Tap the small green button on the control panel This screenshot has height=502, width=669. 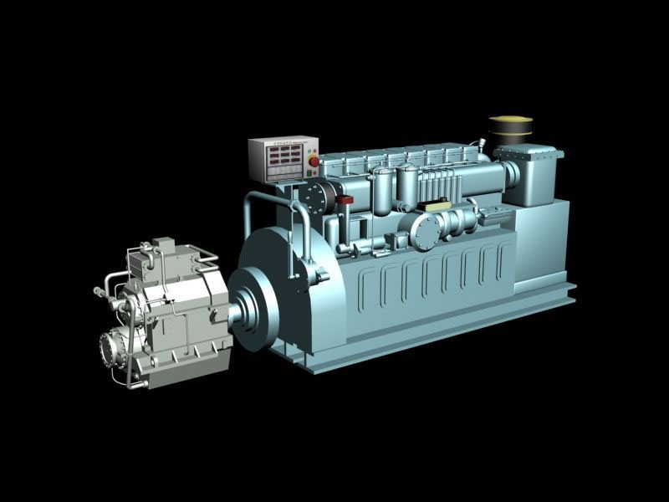(x=312, y=173)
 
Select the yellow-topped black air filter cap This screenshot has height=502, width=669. (x=512, y=129)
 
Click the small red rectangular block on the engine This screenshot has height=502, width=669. (x=346, y=200)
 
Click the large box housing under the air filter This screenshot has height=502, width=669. (x=530, y=176)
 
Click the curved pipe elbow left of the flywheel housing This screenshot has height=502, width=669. (x=252, y=205)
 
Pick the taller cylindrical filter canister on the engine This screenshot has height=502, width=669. (x=408, y=188)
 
